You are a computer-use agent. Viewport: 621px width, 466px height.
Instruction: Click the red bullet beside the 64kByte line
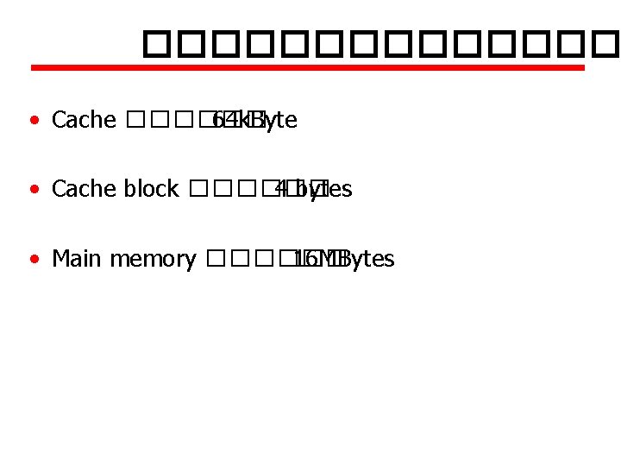click(x=33, y=120)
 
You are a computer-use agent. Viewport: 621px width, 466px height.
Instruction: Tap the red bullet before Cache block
click(x=33, y=189)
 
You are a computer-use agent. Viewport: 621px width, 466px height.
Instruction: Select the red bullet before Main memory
click(x=33, y=259)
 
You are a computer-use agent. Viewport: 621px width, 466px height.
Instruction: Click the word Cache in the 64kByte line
click(x=84, y=120)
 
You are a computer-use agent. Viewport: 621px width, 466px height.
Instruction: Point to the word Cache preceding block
click(x=84, y=189)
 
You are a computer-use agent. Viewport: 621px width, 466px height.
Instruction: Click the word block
click(x=150, y=189)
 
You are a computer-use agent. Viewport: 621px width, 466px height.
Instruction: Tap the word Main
click(x=75, y=259)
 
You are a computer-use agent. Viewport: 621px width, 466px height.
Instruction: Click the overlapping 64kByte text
click(x=254, y=120)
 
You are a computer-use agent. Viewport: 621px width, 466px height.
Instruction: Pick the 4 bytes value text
click(x=312, y=189)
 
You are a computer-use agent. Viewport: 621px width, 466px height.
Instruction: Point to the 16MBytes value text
click(x=343, y=259)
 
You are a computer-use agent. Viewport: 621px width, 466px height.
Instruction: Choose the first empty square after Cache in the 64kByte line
click(x=134, y=120)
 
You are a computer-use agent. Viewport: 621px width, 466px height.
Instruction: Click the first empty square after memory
click(x=216, y=259)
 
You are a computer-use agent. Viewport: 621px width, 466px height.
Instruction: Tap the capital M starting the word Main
click(x=60, y=259)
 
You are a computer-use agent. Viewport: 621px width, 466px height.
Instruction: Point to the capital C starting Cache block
click(x=59, y=189)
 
